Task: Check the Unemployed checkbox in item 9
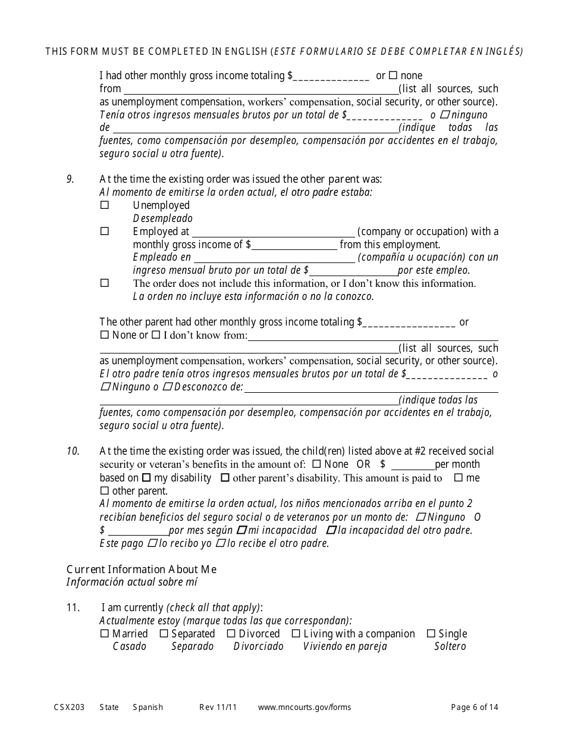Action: [105, 205]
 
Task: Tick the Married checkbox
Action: [105, 634]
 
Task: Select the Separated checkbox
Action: [164, 634]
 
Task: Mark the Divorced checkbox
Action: [231, 634]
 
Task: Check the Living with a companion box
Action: [296, 634]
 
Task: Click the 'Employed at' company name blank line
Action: [273, 232]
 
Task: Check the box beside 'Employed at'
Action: [105, 231]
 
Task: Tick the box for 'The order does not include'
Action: [105, 283]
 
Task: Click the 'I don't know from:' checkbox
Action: [156, 335]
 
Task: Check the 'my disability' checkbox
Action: [146, 478]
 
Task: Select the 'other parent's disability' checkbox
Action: [225, 478]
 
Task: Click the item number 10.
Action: [73, 451]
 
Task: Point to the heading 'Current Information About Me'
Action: [141, 569]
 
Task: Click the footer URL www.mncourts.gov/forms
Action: [305, 707]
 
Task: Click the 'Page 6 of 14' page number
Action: [475, 707]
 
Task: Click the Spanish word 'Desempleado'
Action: [162, 218]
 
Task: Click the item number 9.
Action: [70, 179]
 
